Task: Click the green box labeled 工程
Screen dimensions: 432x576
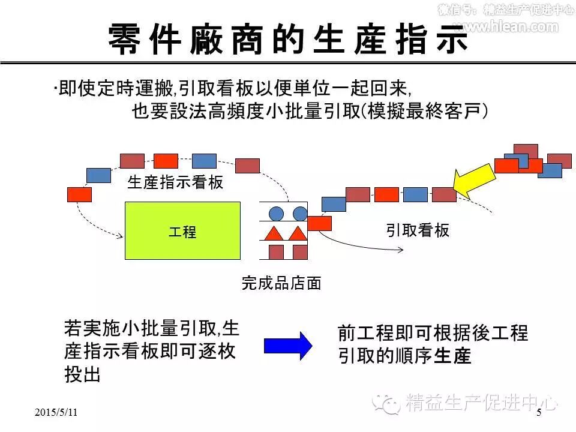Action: click(182, 231)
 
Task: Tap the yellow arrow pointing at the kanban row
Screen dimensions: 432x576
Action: click(474, 178)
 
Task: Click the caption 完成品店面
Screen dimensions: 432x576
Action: click(281, 283)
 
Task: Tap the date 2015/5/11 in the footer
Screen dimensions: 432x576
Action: click(56, 412)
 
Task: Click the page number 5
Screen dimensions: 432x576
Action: click(538, 412)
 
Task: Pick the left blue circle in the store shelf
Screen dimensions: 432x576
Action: click(276, 213)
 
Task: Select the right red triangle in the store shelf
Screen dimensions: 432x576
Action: click(296, 233)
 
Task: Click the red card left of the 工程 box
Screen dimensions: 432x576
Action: click(79, 194)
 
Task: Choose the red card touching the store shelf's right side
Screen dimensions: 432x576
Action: click(319, 223)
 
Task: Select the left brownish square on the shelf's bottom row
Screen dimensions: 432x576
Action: click(276, 251)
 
